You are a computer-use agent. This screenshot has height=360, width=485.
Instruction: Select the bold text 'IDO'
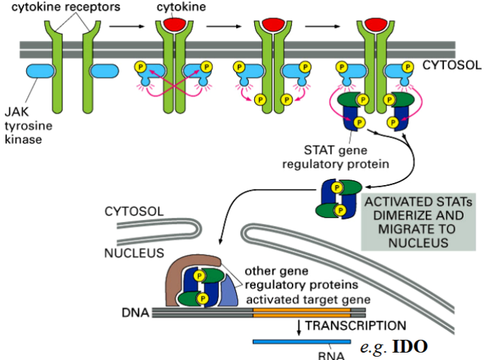(x=409, y=347)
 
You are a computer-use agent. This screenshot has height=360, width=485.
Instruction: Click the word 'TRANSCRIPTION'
(x=355, y=326)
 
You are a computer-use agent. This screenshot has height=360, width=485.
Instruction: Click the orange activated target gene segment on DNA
(x=301, y=312)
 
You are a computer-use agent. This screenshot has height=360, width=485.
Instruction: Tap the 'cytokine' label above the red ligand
(x=175, y=7)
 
